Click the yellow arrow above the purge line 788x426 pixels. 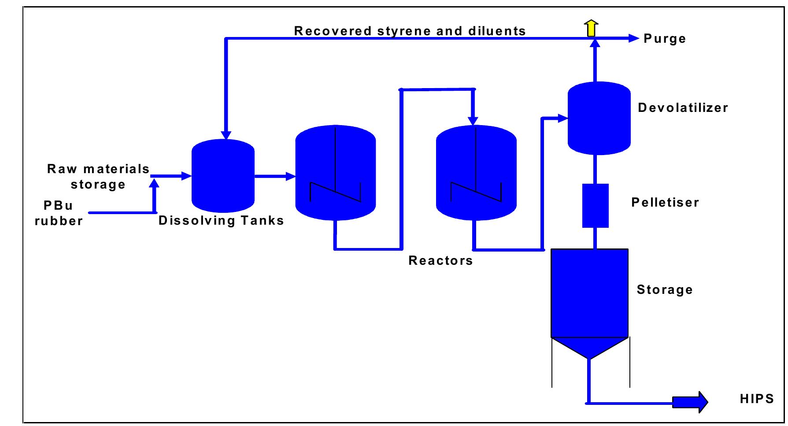point(592,28)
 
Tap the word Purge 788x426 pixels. point(665,39)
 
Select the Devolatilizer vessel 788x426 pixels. point(599,118)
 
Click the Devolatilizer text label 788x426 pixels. point(683,107)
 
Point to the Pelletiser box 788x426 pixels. point(596,205)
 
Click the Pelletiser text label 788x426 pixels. point(665,202)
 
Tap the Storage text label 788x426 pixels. point(665,290)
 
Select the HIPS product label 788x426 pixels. point(757,399)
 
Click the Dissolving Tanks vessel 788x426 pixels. point(223,176)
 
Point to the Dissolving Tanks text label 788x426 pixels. point(221,220)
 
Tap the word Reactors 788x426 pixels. point(440,260)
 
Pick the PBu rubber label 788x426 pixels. point(59,213)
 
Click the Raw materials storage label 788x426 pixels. point(98,177)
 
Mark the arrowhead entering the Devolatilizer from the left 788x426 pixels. point(563,118)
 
